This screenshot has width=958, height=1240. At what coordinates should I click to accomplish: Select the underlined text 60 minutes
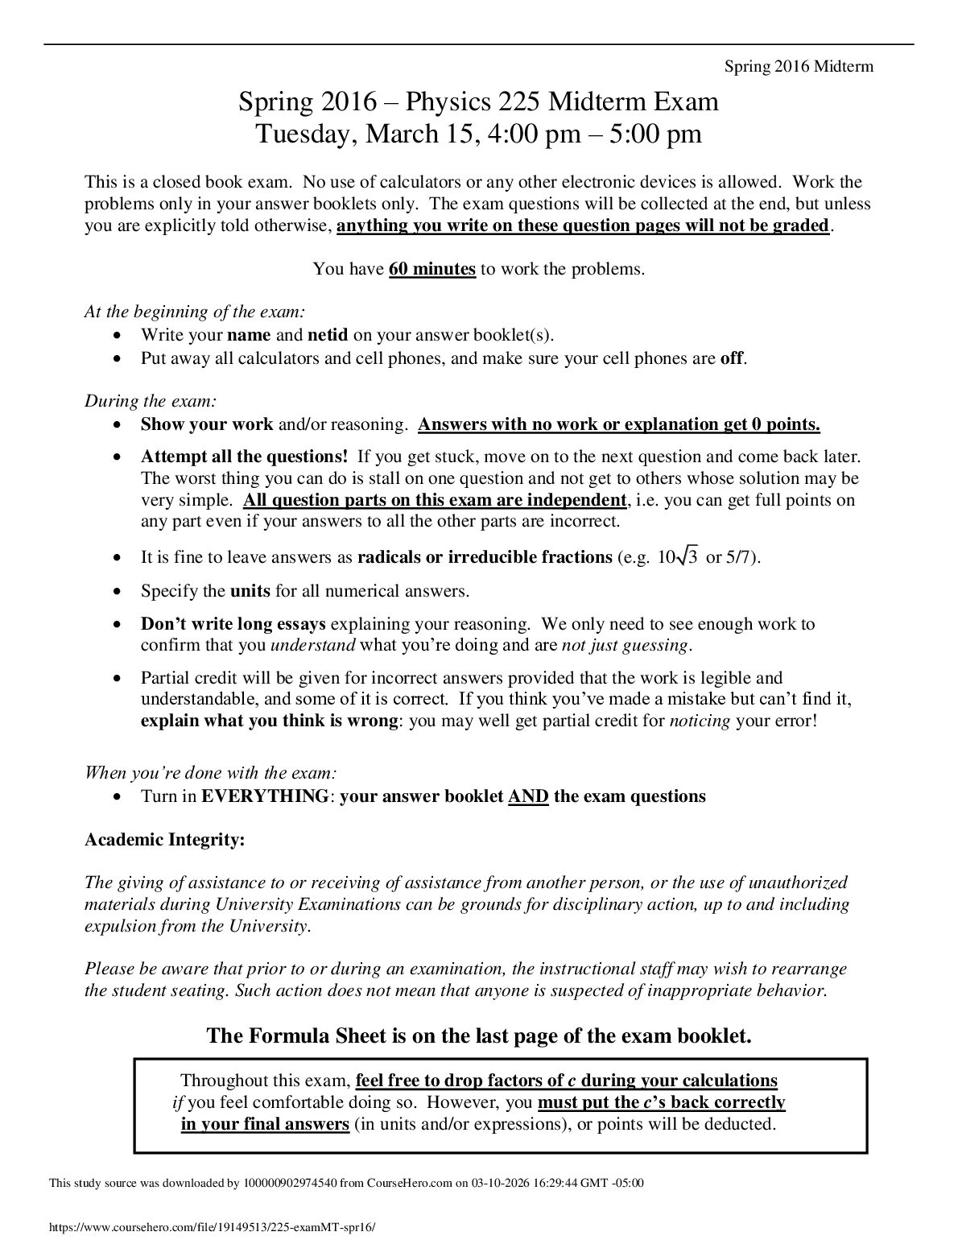coord(432,269)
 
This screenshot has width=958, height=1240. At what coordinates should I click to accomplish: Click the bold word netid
coord(328,335)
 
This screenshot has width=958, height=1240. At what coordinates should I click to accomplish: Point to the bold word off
coord(731,358)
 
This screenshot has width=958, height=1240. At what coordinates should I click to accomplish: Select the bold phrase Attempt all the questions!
coord(245,457)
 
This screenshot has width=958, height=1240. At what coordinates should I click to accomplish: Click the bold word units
coord(250,591)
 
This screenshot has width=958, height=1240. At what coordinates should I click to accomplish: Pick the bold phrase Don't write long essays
coord(233,624)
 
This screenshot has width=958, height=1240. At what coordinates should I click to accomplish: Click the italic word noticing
coord(700,721)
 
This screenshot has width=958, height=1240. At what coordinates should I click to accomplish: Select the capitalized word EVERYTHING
coord(264,796)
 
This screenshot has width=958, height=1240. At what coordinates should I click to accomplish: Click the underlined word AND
coord(528,796)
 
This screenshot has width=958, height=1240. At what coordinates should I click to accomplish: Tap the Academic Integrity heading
coord(165,840)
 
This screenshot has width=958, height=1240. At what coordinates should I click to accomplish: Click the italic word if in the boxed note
coord(178,1102)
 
